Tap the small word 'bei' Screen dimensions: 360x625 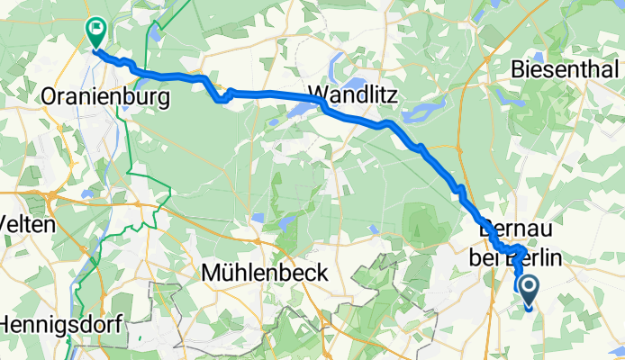pyautogui.click(x=484, y=258)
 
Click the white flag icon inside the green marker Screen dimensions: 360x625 pyautogui.click(x=95, y=29)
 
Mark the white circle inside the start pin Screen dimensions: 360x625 pyautogui.click(x=528, y=286)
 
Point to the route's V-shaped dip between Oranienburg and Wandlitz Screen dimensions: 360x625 pyautogui.click(x=221, y=98)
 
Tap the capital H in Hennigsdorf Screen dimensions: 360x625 pyautogui.click(x=7, y=320)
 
